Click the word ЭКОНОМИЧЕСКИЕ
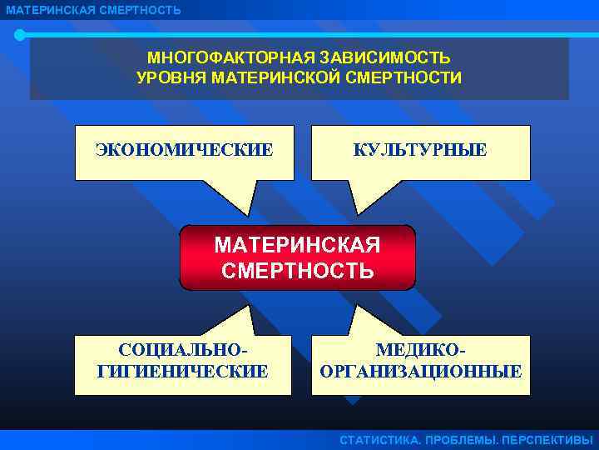[x=184, y=150]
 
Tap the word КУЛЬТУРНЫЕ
[x=421, y=150]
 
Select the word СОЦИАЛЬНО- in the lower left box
[x=183, y=351]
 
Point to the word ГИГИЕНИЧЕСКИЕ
[x=183, y=371]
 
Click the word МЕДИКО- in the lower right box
[x=421, y=351]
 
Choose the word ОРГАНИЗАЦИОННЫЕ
[x=421, y=371]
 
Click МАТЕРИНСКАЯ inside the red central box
[x=297, y=246]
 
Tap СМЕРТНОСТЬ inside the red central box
[x=297, y=271]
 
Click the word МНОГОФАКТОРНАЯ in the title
[x=230, y=58]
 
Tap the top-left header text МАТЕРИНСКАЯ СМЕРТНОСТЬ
[x=92, y=10]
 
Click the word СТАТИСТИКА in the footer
[x=379, y=440]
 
